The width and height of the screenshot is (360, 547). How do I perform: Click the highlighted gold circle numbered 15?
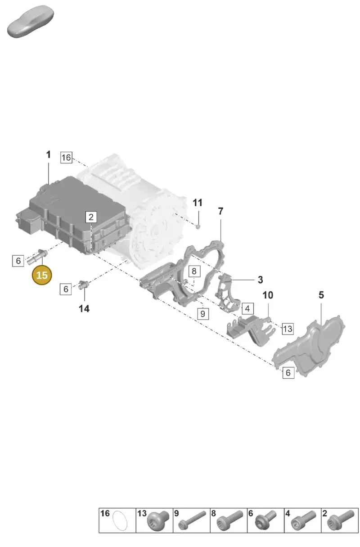42,275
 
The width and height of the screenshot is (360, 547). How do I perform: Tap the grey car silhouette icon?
30,22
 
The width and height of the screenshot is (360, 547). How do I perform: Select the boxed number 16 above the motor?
66,158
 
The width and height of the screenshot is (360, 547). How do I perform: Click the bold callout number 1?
49,154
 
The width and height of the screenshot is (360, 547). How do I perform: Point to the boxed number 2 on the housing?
91,217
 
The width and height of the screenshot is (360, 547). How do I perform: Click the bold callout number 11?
198,203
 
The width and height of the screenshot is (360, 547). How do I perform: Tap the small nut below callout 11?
198,227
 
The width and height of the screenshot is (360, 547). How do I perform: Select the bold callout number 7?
220,211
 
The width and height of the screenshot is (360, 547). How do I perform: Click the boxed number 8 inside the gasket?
194,271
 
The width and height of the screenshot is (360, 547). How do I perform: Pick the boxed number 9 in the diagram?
203,313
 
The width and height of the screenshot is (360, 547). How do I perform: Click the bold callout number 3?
261,280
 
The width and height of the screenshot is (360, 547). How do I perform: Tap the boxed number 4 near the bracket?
247,308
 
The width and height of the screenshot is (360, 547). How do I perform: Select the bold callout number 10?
268,295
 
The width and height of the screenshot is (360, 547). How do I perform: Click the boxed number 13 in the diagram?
288,329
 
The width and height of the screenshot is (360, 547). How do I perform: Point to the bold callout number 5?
321,295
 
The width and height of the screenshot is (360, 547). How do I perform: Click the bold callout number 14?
84,309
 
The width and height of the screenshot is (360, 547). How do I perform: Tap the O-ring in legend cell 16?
120,521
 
